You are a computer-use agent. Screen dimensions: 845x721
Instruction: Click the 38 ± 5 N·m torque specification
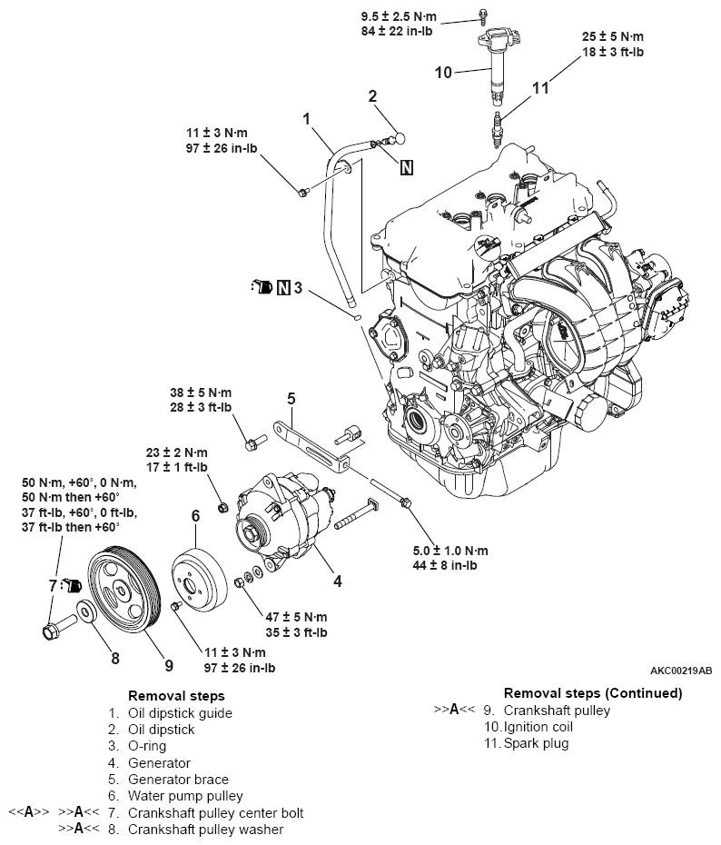(x=201, y=393)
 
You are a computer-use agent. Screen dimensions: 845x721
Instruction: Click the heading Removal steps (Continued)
(x=593, y=693)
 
